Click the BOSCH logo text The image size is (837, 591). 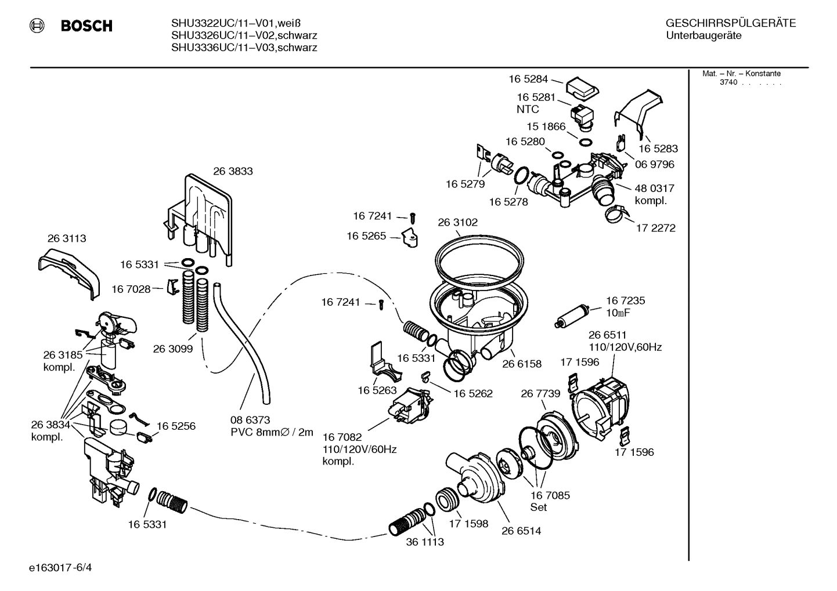[x=86, y=26]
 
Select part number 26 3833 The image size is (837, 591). [x=233, y=171]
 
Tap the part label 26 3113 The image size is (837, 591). [x=67, y=238]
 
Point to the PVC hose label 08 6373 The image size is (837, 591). [x=250, y=419]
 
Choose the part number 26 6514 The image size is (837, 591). [x=521, y=530]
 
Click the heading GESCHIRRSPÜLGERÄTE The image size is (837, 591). [x=730, y=23]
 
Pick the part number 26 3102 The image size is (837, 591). [x=457, y=222]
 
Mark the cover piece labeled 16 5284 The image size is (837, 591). [x=582, y=88]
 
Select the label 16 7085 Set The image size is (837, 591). [x=550, y=501]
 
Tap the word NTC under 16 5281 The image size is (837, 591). [x=528, y=109]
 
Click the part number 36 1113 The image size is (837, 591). [x=425, y=542]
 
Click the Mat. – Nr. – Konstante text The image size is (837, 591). [x=741, y=74]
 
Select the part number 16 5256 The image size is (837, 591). [x=176, y=426]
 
